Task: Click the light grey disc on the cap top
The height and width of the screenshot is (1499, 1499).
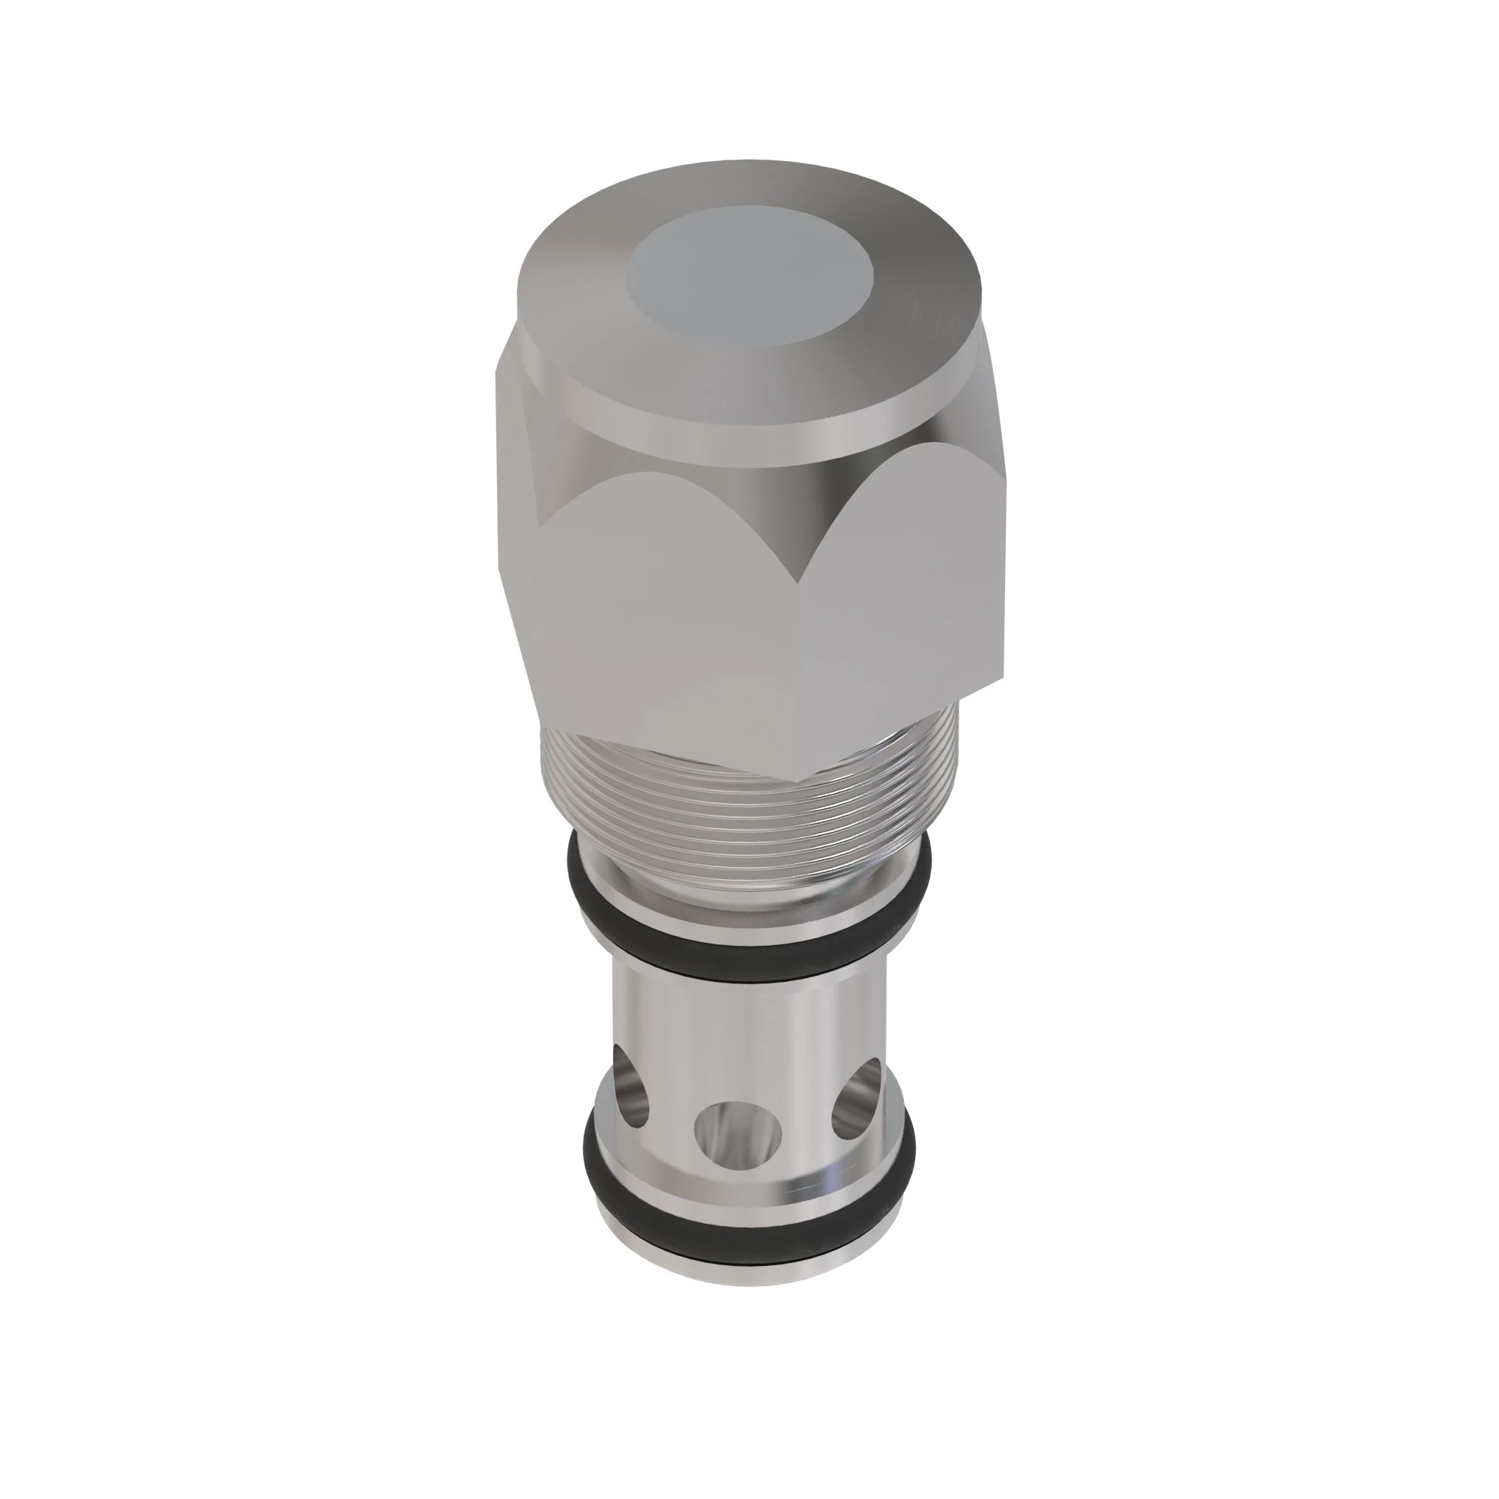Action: [x=751, y=280]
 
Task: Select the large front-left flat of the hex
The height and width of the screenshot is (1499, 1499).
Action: [x=660, y=605]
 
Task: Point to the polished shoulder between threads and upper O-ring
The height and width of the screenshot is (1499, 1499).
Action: [x=745, y=892]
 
